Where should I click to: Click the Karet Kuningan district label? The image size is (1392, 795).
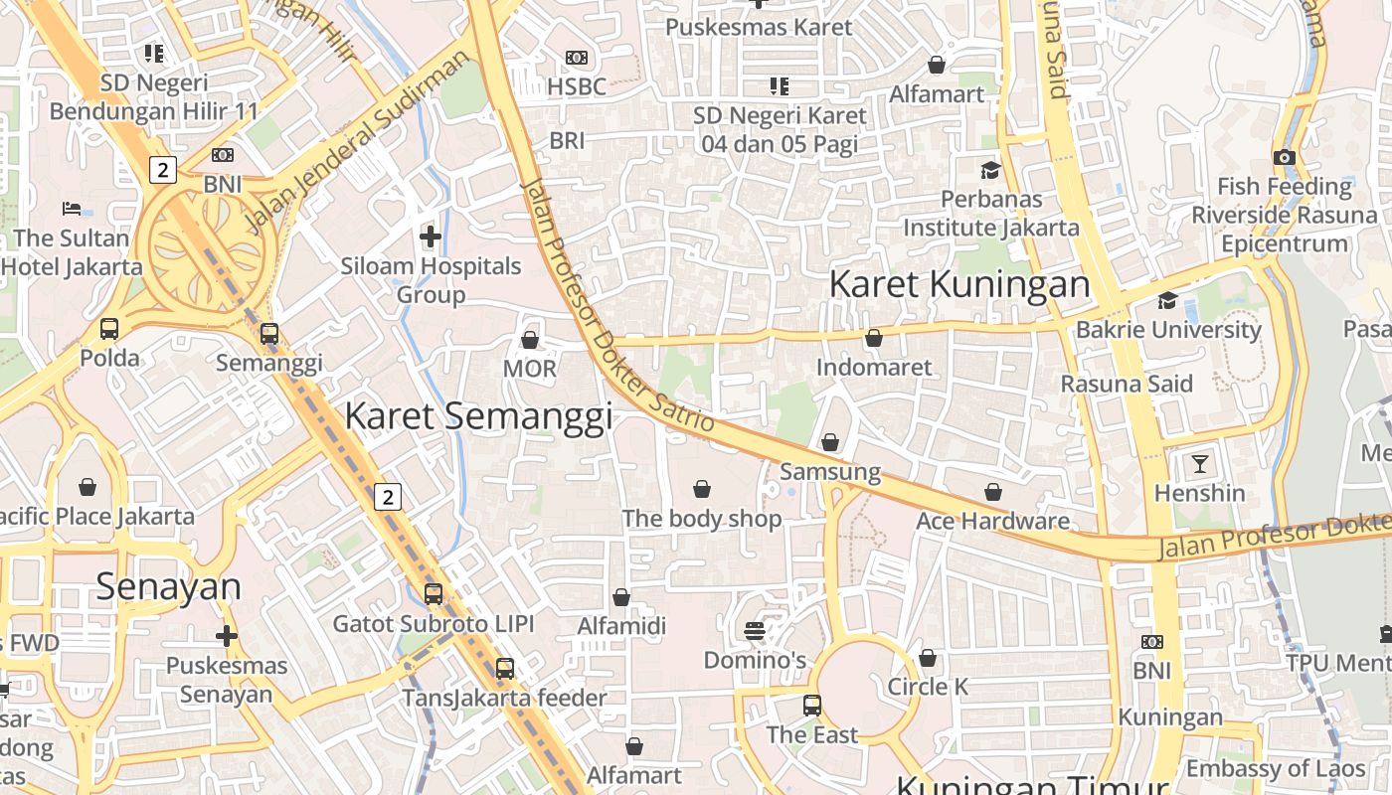(959, 284)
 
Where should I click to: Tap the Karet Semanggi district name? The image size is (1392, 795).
(478, 415)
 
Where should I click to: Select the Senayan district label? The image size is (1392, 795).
(169, 586)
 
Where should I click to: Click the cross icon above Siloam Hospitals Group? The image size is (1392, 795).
(431, 237)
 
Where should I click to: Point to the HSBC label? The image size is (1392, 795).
(577, 86)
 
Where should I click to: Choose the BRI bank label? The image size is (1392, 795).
(567, 141)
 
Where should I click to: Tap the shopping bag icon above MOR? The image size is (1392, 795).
(530, 340)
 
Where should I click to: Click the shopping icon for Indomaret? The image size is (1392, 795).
(874, 338)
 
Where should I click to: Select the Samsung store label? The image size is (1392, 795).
(830, 472)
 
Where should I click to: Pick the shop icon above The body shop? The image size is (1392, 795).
(702, 488)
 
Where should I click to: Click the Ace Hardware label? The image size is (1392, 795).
(992, 521)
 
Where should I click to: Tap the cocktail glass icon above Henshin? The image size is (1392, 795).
(1200, 463)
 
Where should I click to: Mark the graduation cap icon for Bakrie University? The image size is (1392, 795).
(1167, 300)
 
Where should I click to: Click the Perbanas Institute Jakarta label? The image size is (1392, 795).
(990, 213)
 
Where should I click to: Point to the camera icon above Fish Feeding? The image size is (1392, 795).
(1285, 157)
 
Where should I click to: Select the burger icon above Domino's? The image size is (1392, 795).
(755, 630)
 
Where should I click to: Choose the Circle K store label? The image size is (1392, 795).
(928, 687)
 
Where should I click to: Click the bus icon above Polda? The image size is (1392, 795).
(109, 328)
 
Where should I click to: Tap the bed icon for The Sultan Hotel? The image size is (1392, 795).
(72, 209)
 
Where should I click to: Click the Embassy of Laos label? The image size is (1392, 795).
(1276, 768)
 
